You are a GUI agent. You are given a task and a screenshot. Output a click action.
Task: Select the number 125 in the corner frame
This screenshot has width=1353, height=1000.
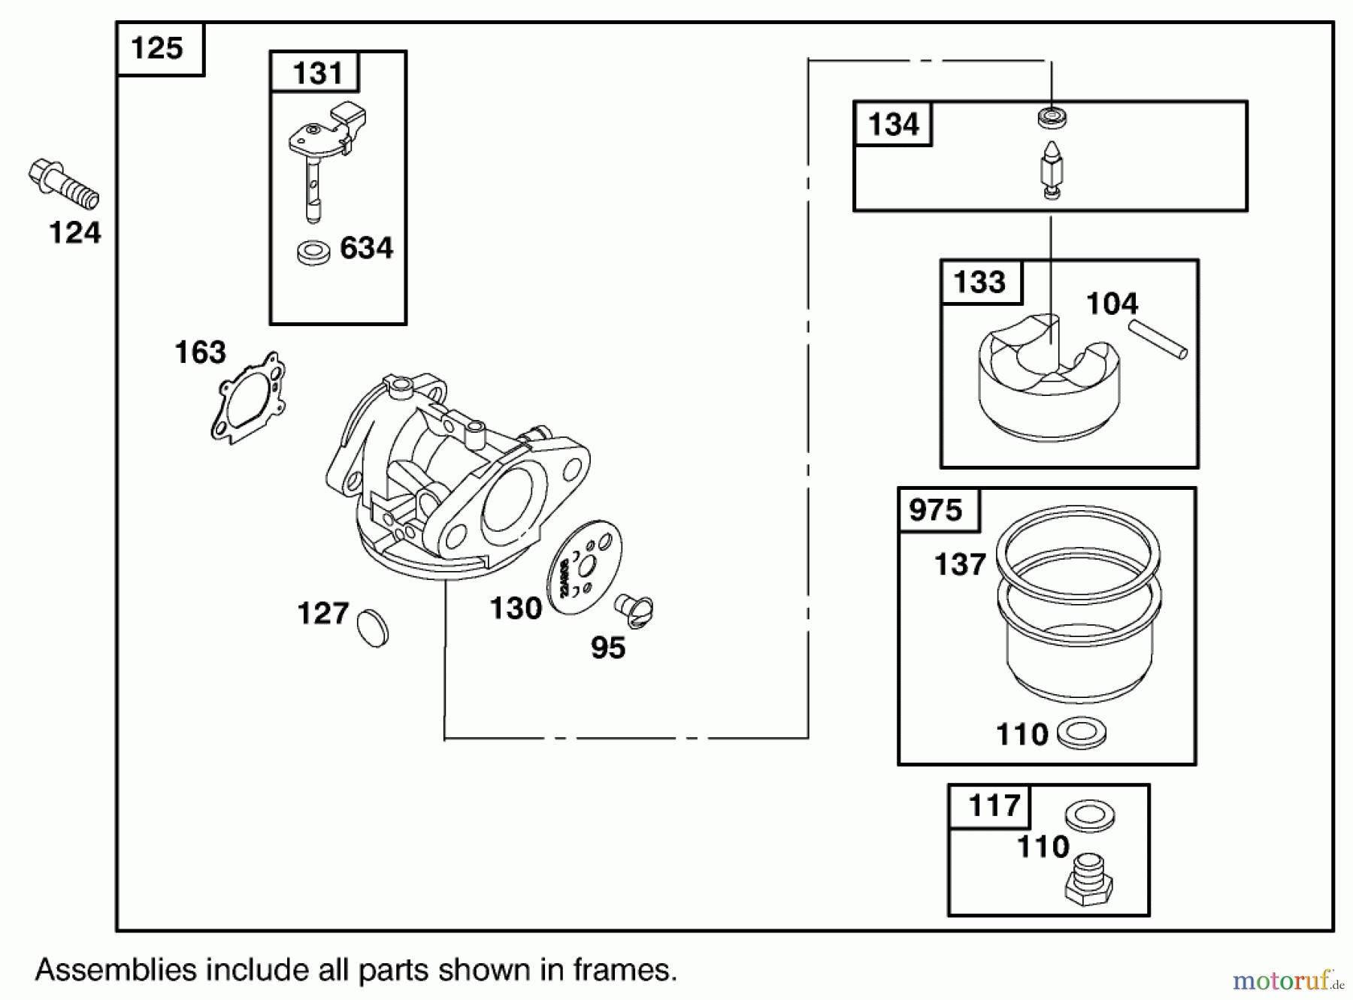click(x=156, y=48)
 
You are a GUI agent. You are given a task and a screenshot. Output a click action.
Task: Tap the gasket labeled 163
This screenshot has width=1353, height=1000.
click(x=248, y=397)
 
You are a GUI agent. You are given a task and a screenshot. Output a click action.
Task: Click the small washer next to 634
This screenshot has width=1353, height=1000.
click(x=313, y=252)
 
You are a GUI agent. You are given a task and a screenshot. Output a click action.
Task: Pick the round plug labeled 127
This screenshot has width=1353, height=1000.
click(x=372, y=628)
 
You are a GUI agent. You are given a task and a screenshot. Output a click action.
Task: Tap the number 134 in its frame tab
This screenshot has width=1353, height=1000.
click(x=893, y=124)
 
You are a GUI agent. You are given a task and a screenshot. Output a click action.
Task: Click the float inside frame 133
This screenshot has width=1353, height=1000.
click(x=1049, y=383)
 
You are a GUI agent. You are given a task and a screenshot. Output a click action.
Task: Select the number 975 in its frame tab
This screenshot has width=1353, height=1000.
click(x=935, y=511)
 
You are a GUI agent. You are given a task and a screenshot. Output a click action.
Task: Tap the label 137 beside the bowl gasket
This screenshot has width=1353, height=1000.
click(x=959, y=565)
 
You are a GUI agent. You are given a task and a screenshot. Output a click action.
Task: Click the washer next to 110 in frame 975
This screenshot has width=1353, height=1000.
click(x=1081, y=733)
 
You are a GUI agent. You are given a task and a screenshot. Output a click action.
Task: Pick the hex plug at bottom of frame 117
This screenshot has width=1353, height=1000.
click(x=1088, y=881)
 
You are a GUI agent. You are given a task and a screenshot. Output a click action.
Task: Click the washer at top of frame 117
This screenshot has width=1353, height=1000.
click(x=1090, y=815)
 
